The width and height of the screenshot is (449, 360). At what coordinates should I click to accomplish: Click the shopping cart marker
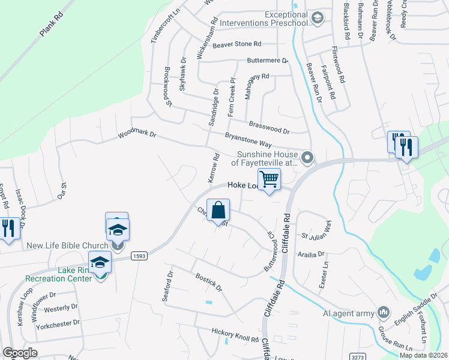[x=269, y=179]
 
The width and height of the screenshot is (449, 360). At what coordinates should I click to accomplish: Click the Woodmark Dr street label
[x=137, y=134]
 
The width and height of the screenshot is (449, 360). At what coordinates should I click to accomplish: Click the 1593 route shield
[x=137, y=255]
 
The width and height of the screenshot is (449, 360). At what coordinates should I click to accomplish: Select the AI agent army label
[x=348, y=313]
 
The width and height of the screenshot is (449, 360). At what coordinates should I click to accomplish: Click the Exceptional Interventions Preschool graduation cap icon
[x=317, y=19]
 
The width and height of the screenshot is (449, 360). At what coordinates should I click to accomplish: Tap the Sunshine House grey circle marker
[x=307, y=158]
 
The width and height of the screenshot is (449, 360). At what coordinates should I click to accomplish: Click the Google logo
[x=20, y=353]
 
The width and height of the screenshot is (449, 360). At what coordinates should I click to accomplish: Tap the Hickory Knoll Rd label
[x=235, y=334]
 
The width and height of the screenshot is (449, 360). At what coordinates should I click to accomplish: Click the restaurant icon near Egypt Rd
[x=8, y=229]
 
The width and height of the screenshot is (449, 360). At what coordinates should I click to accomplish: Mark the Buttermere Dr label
[x=268, y=61]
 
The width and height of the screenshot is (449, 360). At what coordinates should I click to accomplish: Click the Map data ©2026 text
[x=423, y=355]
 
